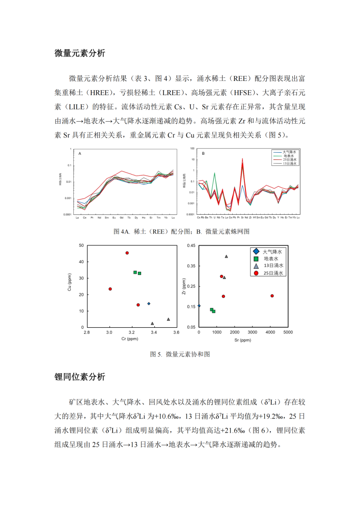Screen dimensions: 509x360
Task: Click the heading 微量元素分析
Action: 79,53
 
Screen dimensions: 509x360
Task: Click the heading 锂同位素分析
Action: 79,377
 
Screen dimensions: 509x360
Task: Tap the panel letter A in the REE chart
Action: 79,153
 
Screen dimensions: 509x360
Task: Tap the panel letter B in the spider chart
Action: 203,153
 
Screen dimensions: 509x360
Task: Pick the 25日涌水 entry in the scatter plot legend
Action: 271,273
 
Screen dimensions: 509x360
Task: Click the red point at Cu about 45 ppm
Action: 127,253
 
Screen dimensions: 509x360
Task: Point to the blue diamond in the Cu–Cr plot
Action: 149,304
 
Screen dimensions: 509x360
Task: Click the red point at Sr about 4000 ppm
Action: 272,296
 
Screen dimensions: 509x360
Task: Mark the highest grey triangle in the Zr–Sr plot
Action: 226,257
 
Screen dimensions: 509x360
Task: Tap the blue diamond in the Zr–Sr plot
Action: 199,305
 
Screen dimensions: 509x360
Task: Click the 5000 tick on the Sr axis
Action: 288,332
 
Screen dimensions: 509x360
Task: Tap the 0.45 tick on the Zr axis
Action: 191,246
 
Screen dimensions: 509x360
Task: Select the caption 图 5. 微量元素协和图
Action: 180,354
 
